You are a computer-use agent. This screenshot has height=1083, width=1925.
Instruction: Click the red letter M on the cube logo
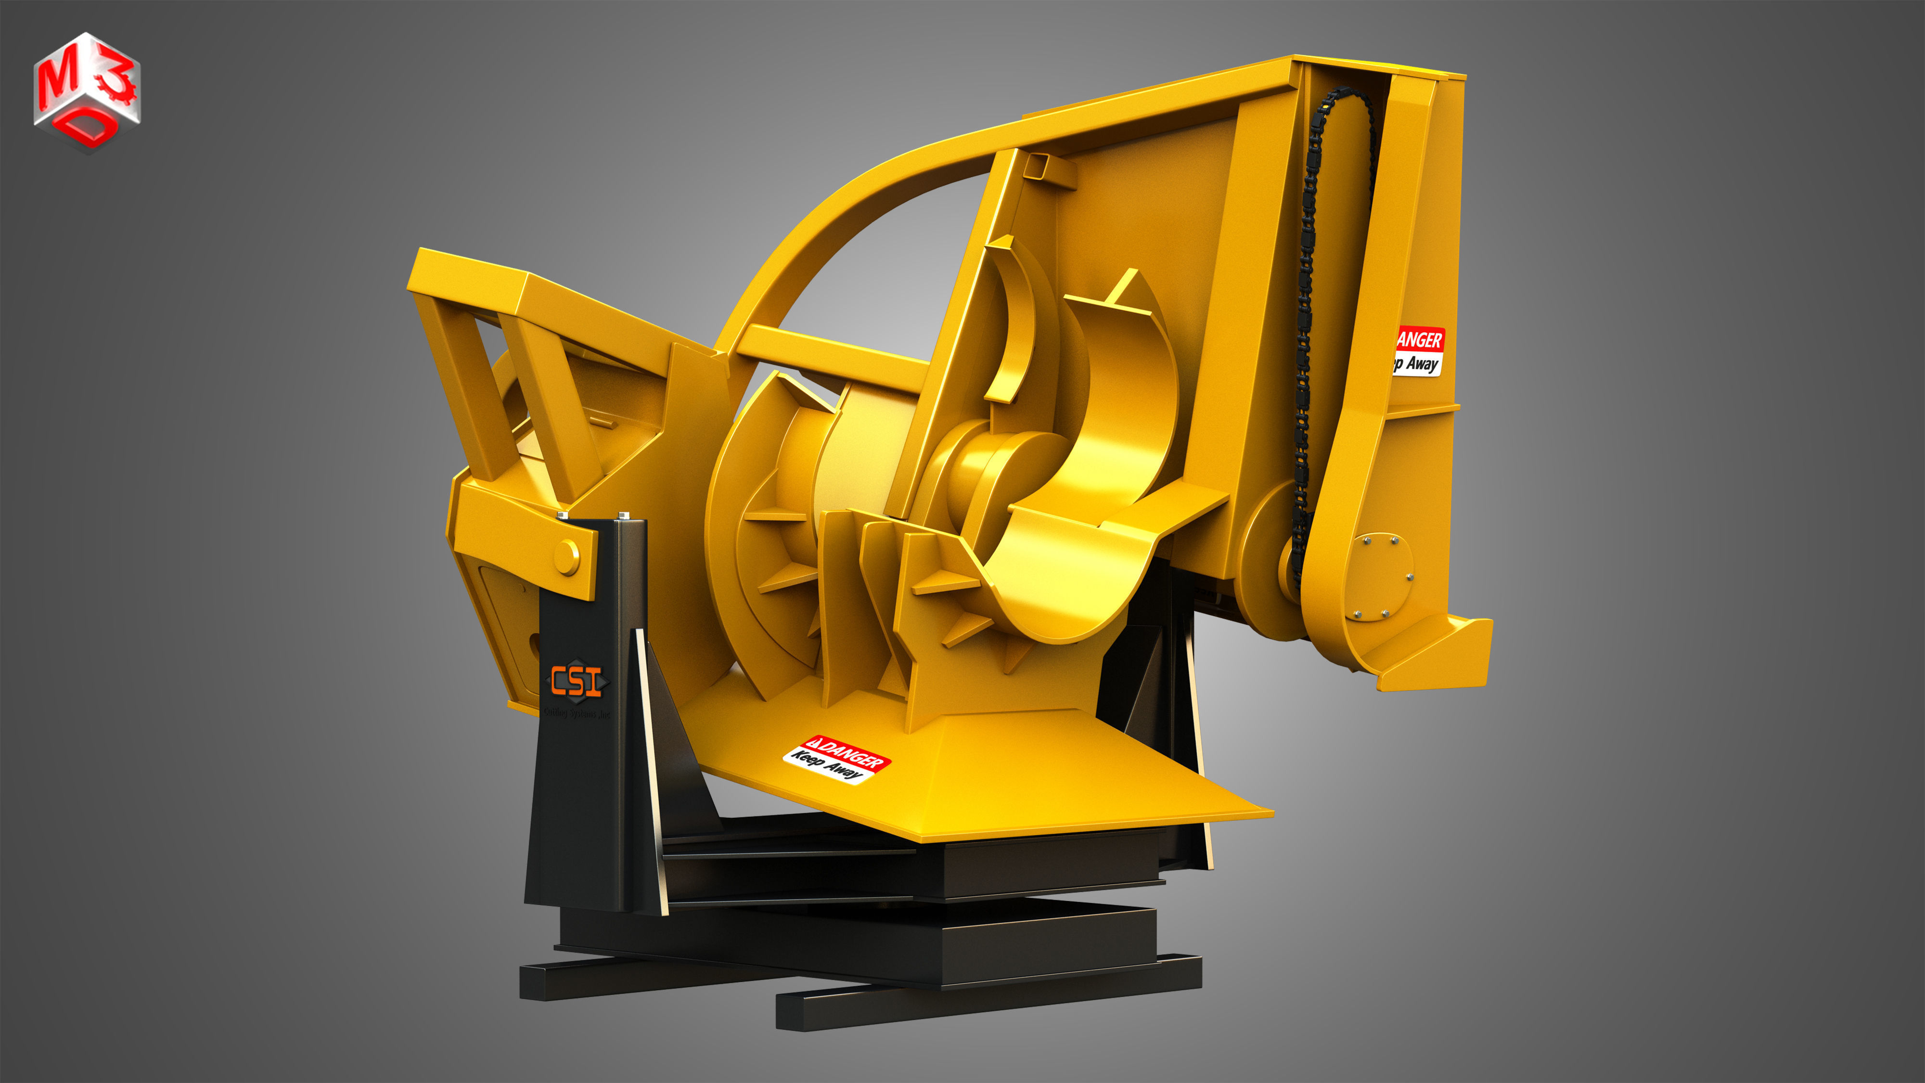click(58, 81)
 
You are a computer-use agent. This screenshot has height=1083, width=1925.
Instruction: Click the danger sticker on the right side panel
click(1417, 351)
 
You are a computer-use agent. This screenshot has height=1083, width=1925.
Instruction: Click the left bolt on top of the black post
click(562, 516)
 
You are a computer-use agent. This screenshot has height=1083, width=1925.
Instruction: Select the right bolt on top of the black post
click(624, 515)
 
